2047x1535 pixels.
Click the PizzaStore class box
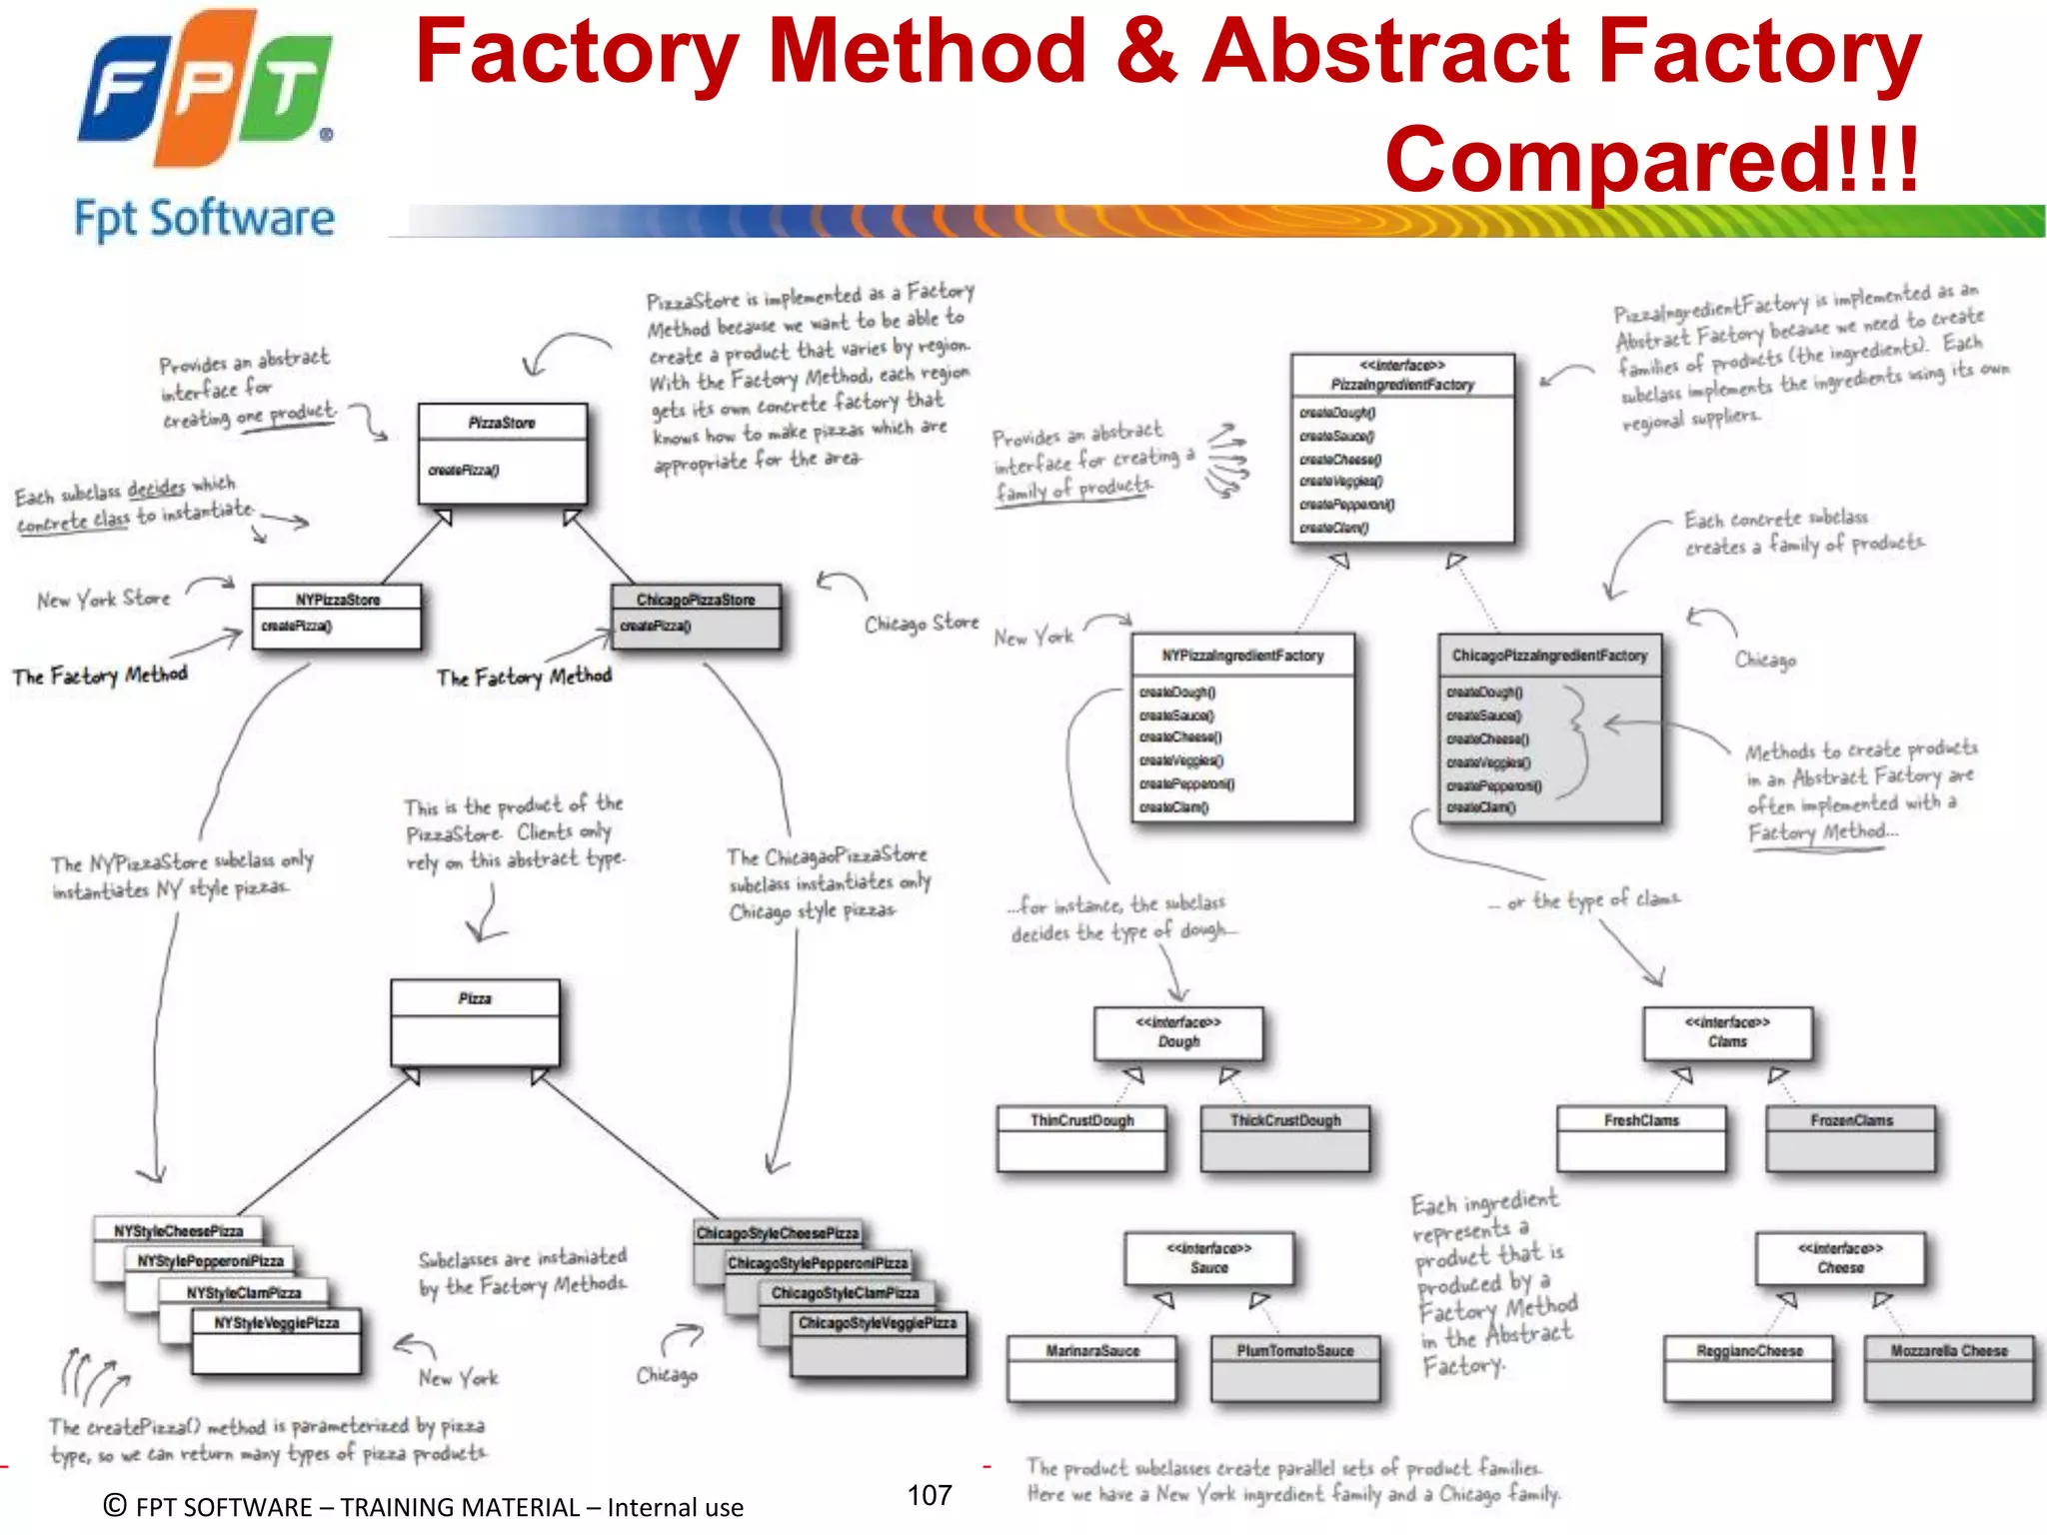502,454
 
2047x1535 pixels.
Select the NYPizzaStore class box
337,616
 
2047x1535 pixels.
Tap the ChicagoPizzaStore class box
696,616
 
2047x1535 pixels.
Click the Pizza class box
475,1021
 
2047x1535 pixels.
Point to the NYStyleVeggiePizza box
277,1340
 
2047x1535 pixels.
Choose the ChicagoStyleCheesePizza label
777,1233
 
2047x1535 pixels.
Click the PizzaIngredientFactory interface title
1402,384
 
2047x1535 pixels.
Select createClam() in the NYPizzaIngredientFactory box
1173,807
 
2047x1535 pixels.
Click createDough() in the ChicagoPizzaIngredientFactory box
1484,692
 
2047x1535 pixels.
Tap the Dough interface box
1178,1032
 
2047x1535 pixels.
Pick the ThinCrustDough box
1081,1137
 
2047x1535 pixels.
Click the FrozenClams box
1851,1137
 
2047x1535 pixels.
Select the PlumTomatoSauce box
1294,1367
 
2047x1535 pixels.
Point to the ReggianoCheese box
1749,1367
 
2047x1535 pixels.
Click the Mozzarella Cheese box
1949,1367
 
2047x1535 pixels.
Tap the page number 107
930,1495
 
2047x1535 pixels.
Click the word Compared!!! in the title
1651,160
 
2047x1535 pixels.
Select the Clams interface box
1727,1032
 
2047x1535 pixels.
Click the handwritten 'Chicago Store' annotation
922,623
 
